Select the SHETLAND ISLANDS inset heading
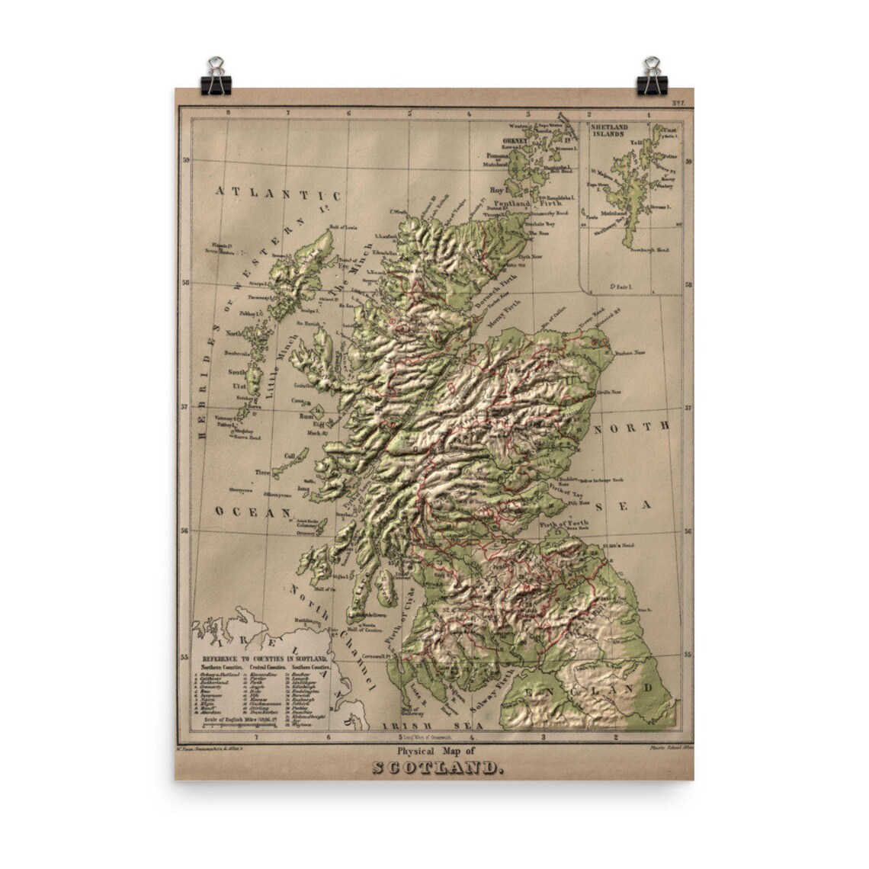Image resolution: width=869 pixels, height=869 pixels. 620,130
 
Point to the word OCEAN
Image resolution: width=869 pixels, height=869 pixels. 247,512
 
